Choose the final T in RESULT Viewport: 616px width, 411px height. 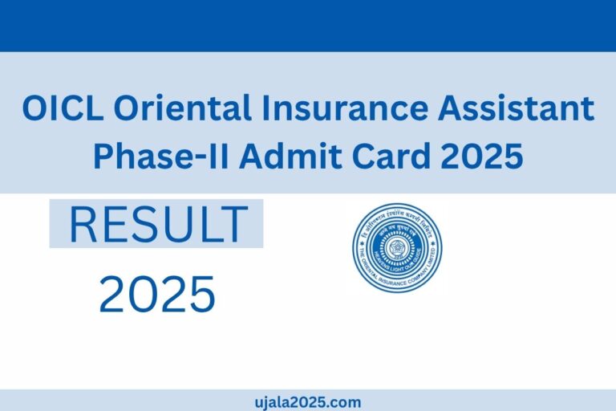233,226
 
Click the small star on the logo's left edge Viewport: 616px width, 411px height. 359,248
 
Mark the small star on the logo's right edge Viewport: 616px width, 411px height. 435,248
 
